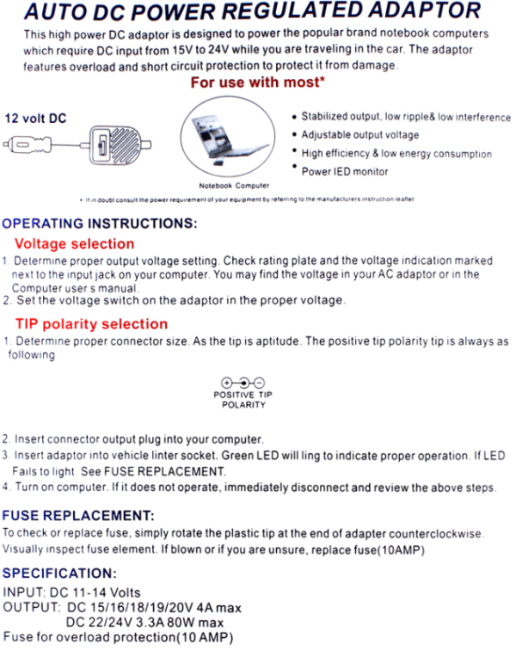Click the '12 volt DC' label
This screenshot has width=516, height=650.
tap(35, 119)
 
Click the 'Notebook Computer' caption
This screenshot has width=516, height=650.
tap(234, 185)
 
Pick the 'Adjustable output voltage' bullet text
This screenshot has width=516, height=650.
tap(360, 135)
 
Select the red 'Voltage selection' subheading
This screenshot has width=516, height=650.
tap(74, 243)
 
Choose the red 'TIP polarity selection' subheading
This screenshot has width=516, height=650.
tap(91, 324)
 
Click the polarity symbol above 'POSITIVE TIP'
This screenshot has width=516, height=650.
tap(243, 383)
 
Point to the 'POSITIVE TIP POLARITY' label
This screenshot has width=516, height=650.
tap(243, 399)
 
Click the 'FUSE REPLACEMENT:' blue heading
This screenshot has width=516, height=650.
tap(78, 515)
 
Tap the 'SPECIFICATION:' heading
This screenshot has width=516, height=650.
tap(58, 573)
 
